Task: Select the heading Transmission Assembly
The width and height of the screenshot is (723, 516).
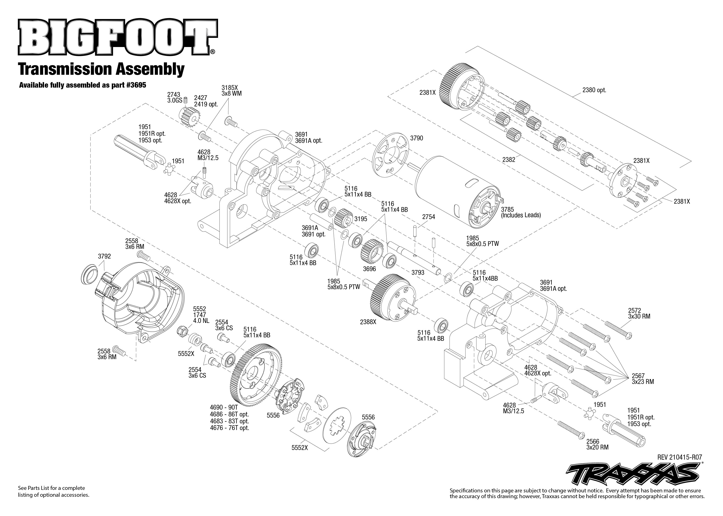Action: pos(101,69)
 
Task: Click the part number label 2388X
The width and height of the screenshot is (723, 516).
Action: pos(368,322)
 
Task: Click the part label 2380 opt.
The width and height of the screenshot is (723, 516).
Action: pos(594,90)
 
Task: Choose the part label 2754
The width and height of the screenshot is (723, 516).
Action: pos(429,217)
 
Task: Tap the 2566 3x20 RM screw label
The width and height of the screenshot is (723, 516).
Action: pos(597,444)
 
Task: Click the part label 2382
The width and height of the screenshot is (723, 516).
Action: pos(509,160)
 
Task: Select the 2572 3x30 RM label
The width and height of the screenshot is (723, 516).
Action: pos(639,313)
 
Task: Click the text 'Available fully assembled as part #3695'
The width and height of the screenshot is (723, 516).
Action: pos(82,85)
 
